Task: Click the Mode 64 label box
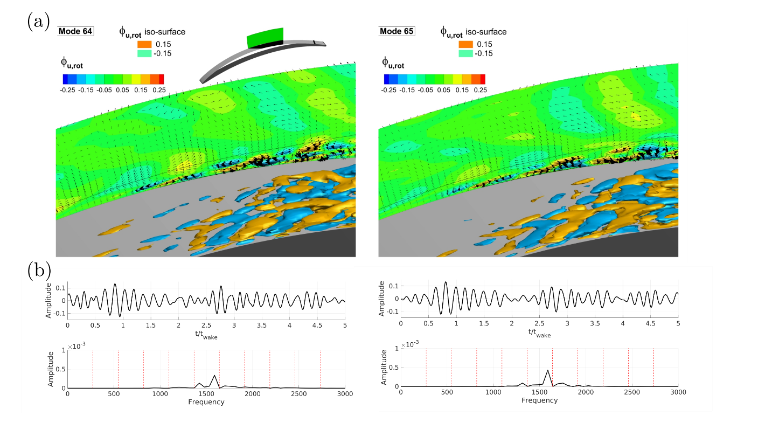pos(75,31)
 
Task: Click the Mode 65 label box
pos(397,31)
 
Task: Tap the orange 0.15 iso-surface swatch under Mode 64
pos(145,44)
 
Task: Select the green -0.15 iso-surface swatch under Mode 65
pos(466,53)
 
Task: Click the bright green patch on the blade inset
pos(265,38)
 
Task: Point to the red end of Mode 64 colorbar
pos(161,79)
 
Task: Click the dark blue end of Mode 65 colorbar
pos(387,79)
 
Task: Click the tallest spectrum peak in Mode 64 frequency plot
pos(214,375)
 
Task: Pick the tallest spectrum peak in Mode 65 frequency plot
pos(548,370)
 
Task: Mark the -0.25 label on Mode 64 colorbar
pos(67,90)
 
